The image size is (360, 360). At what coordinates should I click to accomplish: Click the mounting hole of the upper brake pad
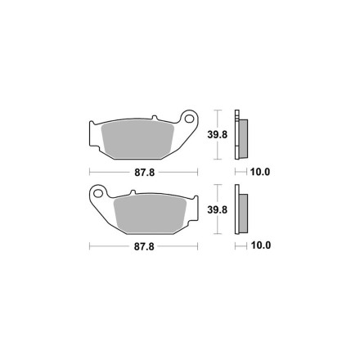(x=189, y=119)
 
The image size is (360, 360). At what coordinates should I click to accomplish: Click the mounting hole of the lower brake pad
(x=97, y=193)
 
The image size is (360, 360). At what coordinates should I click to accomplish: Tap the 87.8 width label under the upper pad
(x=145, y=173)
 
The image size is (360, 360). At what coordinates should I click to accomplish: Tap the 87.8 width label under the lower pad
(x=144, y=246)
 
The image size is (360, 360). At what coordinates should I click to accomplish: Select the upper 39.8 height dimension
(x=218, y=134)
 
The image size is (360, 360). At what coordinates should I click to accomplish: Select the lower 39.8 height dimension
(x=218, y=209)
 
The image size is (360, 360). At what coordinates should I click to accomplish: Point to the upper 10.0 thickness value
(x=260, y=172)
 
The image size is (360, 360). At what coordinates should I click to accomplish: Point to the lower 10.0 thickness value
(x=261, y=245)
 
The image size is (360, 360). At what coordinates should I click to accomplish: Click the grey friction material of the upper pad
(x=137, y=140)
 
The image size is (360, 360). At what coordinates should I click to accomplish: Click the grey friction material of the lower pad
(x=151, y=214)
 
